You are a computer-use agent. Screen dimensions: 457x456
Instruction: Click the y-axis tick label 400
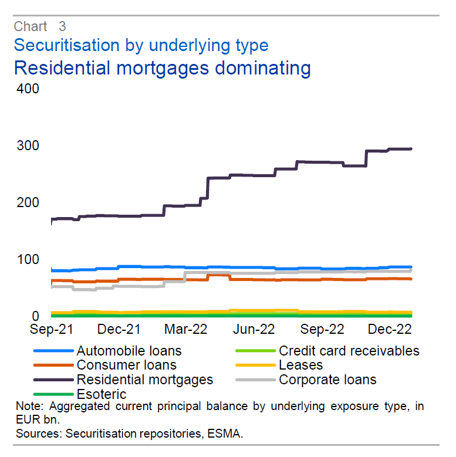27,89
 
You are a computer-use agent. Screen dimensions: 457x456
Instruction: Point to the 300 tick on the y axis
27,146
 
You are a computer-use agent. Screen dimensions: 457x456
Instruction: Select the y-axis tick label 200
27,203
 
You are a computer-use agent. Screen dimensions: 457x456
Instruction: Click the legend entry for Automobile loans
129,351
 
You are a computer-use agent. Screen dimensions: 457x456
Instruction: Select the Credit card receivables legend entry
349,351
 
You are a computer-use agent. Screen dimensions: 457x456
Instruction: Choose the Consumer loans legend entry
127,365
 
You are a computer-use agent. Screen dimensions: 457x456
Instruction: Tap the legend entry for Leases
301,365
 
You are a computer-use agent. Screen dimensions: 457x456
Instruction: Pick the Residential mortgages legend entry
145,380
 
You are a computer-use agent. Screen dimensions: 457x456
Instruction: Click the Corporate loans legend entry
327,380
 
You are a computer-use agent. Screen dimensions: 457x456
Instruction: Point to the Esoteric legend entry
102,394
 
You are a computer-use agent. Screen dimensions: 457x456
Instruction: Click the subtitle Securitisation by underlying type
141,45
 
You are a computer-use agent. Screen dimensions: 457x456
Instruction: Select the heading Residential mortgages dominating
162,67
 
